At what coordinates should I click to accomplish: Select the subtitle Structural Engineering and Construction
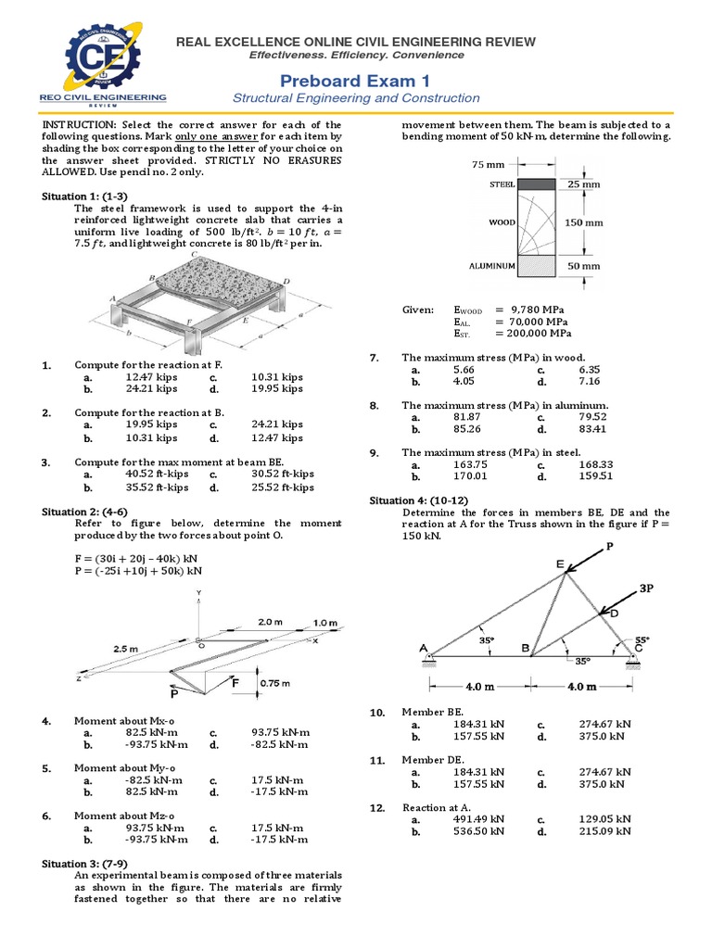(x=356, y=98)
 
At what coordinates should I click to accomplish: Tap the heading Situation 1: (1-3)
(x=81, y=196)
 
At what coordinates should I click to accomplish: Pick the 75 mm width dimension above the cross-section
(x=489, y=164)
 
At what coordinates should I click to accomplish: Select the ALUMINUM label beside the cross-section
(x=491, y=266)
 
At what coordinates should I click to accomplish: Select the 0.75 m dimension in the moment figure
(x=274, y=683)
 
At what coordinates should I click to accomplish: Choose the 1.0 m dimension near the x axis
(x=325, y=621)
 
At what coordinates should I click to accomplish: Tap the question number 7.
(x=375, y=357)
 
